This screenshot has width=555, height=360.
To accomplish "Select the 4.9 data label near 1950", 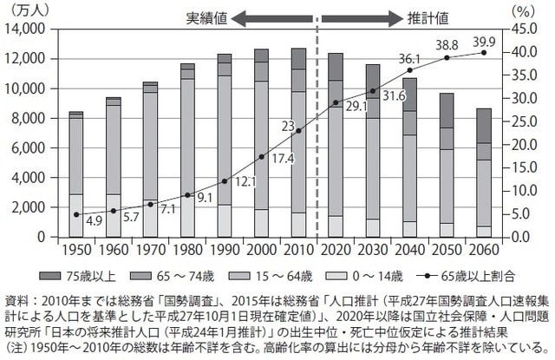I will (95, 220).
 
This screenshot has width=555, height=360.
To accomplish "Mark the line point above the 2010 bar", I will (298, 131).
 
